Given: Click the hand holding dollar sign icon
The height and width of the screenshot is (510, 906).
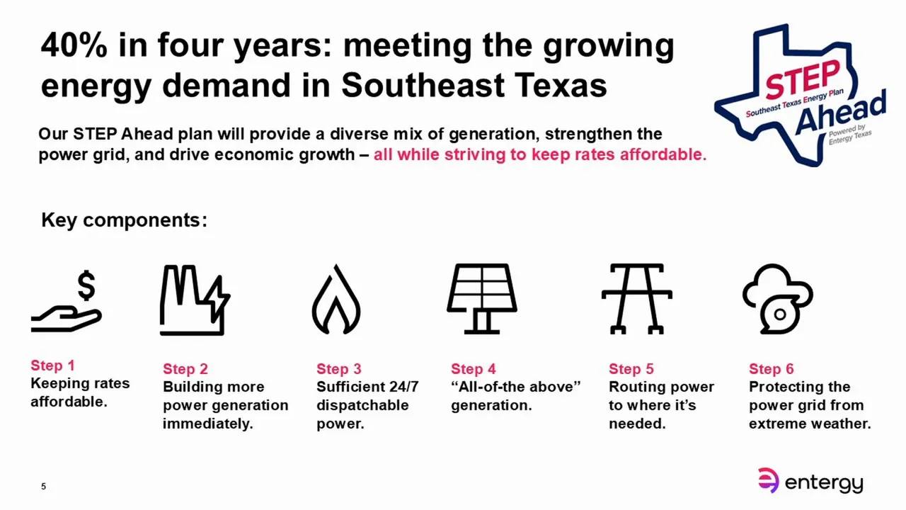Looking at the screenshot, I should click(67, 302).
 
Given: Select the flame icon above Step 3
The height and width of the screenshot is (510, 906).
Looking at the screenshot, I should click(336, 300).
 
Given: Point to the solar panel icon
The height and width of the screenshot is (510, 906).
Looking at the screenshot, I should click(482, 299).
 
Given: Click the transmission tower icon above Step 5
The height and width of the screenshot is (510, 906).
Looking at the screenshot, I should click(636, 299).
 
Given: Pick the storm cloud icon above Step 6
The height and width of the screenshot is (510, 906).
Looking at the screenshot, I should click(777, 299).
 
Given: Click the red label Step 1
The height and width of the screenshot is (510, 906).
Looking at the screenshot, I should click(52, 365).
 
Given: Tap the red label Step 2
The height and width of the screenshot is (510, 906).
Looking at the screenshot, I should click(185, 369).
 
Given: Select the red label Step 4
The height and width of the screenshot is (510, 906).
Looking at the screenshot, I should click(474, 369).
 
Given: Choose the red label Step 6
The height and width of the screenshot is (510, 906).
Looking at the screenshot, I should click(772, 369).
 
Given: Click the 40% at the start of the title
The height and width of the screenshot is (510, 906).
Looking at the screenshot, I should click(73, 46).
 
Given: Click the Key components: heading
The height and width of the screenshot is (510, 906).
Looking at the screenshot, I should click(124, 220).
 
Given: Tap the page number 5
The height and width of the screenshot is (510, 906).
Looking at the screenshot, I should click(44, 487).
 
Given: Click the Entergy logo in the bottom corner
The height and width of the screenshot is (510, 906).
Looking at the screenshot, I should click(810, 482).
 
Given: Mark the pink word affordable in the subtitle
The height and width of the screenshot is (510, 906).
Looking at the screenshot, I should click(663, 154).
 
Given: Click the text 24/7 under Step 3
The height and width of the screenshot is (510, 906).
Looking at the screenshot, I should click(403, 387).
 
